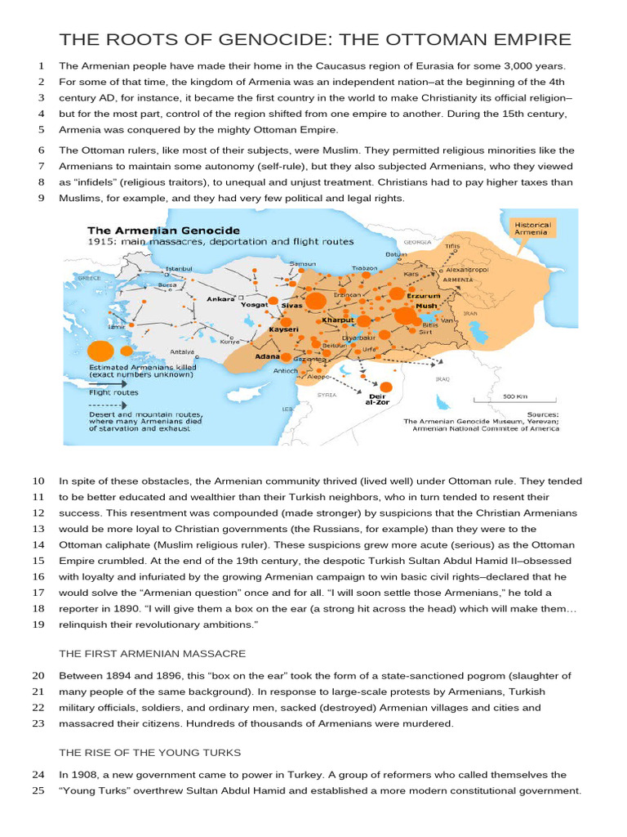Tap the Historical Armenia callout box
tap(532, 228)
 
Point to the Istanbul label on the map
tap(179, 268)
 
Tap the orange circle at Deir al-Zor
tap(386, 387)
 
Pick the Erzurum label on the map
tap(429, 295)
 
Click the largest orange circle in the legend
tap(100, 351)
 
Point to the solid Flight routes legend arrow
tap(107, 382)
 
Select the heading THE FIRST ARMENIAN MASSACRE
tap(152, 653)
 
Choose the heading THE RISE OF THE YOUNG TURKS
tap(149, 751)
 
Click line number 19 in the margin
tap(38, 624)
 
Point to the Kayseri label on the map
tap(284, 329)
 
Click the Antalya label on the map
tap(183, 352)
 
